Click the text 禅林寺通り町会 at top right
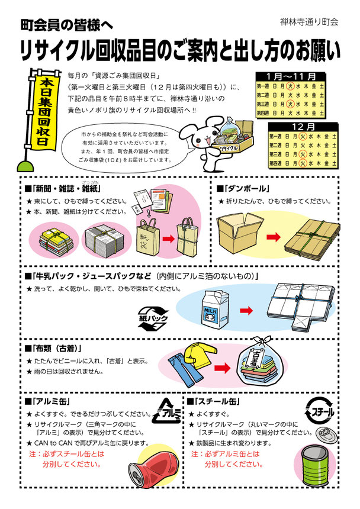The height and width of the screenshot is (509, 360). (308, 21)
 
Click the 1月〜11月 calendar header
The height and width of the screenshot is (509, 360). (291, 76)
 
